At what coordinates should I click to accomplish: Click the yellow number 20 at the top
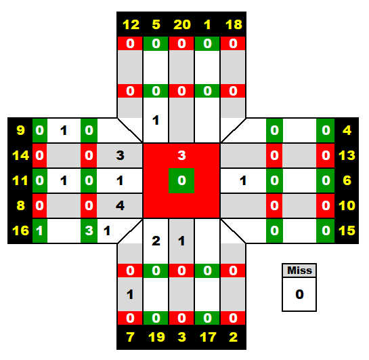tap(182, 24)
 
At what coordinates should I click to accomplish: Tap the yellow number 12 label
tap(131, 24)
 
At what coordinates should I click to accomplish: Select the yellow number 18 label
tap(234, 24)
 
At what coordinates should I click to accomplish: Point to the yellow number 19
tap(156, 337)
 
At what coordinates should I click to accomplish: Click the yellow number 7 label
tap(131, 337)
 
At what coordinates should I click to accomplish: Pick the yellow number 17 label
tap(208, 337)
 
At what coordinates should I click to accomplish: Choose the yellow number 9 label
tap(21, 130)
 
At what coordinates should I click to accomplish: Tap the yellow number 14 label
tap(21, 155)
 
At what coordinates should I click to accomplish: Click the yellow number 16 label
tap(21, 231)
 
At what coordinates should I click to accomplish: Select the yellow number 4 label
tap(347, 130)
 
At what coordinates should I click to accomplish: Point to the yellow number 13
tap(347, 155)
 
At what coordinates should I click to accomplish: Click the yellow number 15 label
tap(347, 231)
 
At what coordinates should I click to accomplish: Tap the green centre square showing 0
tap(181, 181)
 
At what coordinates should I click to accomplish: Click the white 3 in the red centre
tap(181, 155)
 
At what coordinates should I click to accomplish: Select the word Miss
tap(299, 271)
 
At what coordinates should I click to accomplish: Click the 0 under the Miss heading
tap(299, 294)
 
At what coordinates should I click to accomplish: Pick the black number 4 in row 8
tap(120, 205)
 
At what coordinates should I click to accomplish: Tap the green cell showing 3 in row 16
tap(89, 231)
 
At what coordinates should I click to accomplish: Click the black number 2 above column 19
tap(156, 241)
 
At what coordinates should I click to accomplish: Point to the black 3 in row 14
tap(120, 155)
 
